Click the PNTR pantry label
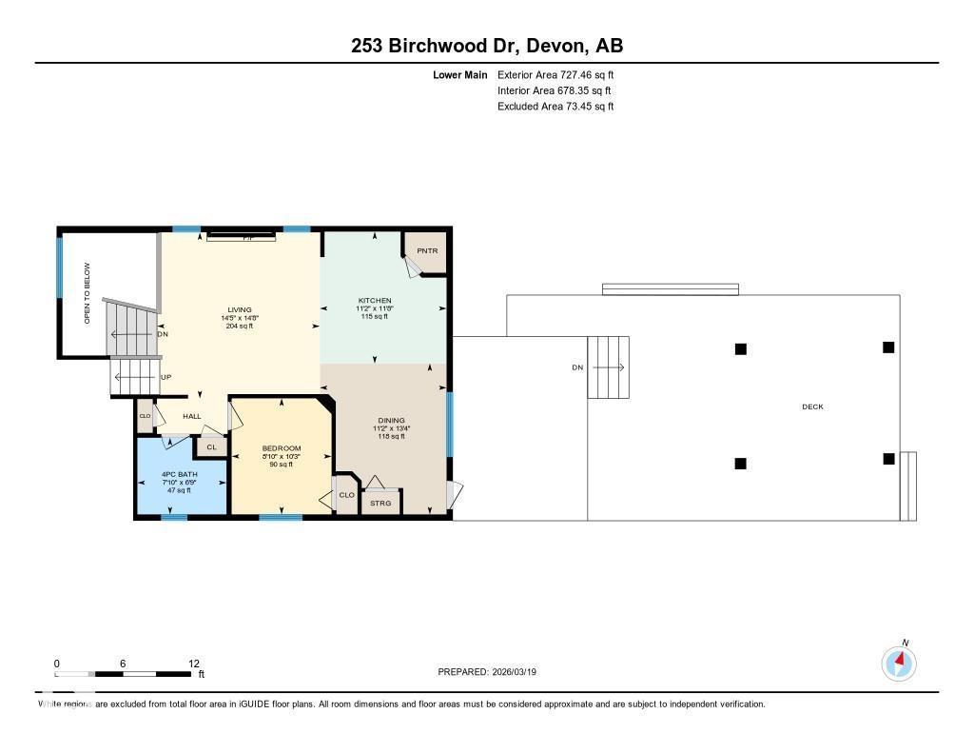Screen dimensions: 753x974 pyautogui.click(x=426, y=251)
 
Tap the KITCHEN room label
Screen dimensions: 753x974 pyautogui.click(x=374, y=301)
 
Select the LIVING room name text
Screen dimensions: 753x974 pyautogui.click(x=239, y=309)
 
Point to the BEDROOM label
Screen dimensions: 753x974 pyautogui.click(x=282, y=448)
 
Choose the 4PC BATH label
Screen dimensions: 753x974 pyautogui.click(x=180, y=474)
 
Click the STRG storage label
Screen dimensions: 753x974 pyautogui.click(x=380, y=503)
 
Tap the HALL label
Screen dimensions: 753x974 pyautogui.click(x=191, y=416)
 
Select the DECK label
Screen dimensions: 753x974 pyautogui.click(x=812, y=406)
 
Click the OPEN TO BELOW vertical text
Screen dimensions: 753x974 pyautogui.click(x=87, y=293)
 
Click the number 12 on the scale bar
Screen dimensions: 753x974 pyautogui.click(x=194, y=664)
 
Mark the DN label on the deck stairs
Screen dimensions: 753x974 pyautogui.click(x=576, y=367)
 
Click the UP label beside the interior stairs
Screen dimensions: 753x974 pyautogui.click(x=166, y=377)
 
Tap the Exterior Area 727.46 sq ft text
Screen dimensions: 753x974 pyautogui.click(x=555, y=74)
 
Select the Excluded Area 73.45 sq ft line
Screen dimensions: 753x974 pyautogui.click(x=555, y=107)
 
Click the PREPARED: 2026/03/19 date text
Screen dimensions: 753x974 pyautogui.click(x=494, y=672)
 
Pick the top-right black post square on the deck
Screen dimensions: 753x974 pyautogui.click(x=888, y=347)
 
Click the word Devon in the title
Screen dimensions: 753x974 pyautogui.click(x=555, y=46)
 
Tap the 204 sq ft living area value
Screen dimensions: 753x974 pyautogui.click(x=239, y=327)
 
